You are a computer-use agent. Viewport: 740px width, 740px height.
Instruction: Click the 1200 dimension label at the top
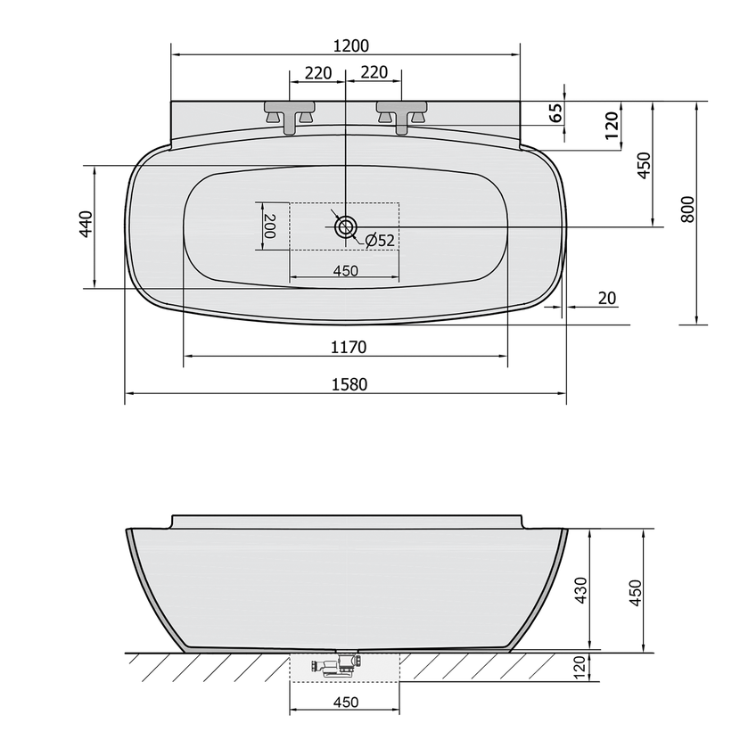(x=350, y=45)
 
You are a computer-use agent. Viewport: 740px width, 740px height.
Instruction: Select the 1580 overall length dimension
(x=349, y=384)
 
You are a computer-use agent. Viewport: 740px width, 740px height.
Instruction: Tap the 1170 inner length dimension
(x=349, y=348)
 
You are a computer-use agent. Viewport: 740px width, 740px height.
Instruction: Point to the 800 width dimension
(x=688, y=209)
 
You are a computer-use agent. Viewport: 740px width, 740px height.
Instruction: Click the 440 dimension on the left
(x=86, y=224)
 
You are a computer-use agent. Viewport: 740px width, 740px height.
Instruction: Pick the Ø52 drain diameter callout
(x=380, y=240)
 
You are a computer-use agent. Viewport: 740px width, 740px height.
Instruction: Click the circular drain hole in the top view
(x=346, y=227)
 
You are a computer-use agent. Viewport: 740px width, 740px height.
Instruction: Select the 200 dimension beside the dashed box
(x=270, y=226)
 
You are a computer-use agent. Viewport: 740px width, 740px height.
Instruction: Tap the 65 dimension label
(x=557, y=113)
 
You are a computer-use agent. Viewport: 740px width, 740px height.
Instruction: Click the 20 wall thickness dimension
(x=607, y=299)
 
